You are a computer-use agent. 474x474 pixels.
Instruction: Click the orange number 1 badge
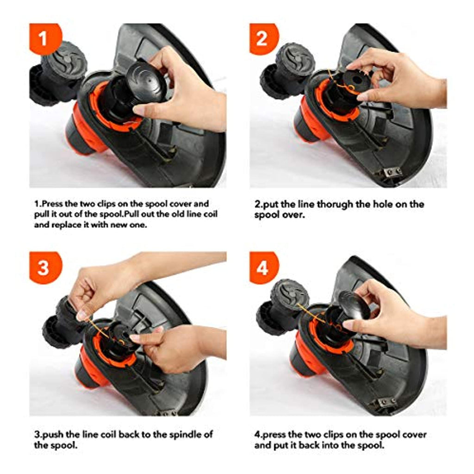44,38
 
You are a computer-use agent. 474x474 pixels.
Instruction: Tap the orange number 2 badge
263,38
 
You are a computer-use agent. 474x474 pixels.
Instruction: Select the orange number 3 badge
44,268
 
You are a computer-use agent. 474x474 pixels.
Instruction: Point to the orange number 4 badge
263,268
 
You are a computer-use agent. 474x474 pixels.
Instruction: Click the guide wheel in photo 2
295,62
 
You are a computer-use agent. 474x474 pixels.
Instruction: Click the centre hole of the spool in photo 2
357,80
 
